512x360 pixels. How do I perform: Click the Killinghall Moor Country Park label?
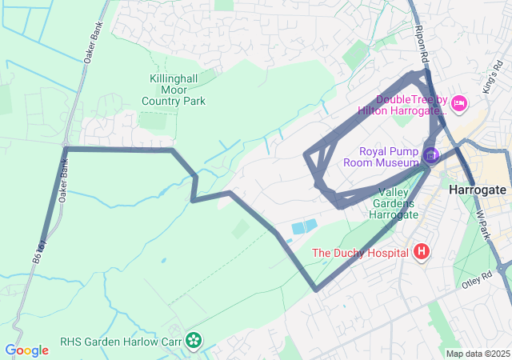pos(174,90)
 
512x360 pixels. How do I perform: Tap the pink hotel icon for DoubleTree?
pos(458,102)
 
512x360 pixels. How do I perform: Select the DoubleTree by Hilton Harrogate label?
pos(407,106)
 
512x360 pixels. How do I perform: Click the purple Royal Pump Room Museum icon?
pos(431,154)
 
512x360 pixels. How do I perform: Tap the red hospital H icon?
pos(422,253)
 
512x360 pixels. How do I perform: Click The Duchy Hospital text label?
pos(360,254)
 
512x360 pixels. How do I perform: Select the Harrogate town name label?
pos(478,190)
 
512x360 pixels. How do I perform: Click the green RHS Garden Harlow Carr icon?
pos(193,340)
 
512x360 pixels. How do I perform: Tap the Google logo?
pos(26,350)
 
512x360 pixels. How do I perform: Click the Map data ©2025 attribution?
pos(478,354)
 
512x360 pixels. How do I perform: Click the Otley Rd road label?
pos(475,282)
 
